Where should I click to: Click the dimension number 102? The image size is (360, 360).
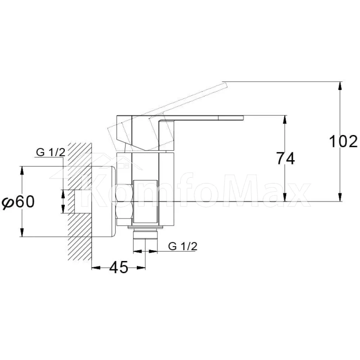(x=343, y=141)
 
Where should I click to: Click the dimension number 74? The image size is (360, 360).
(x=285, y=158)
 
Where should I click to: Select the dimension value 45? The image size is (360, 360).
(x=118, y=267)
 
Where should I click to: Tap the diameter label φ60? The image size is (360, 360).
(x=18, y=202)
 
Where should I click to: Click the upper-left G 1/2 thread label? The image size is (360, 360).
(x=51, y=152)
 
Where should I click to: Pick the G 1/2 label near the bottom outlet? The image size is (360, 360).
(x=183, y=246)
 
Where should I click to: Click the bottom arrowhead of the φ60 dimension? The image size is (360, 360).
(x=22, y=232)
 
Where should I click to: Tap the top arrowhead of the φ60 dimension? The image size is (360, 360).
(x=22, y=171)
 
